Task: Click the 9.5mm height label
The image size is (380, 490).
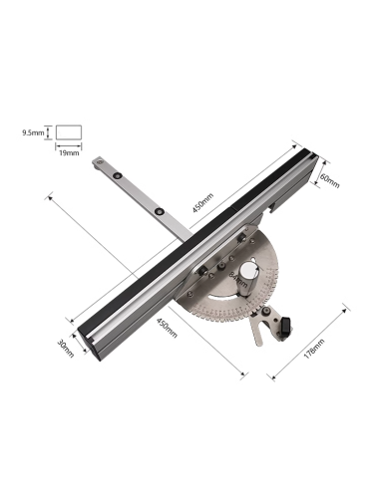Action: [x=34, y=129]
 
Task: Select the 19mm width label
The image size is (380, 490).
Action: [x=68, y=152]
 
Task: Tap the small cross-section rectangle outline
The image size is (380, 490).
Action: [x=68, y=130]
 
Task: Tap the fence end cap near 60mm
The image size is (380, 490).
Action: [x=310, y=159]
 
